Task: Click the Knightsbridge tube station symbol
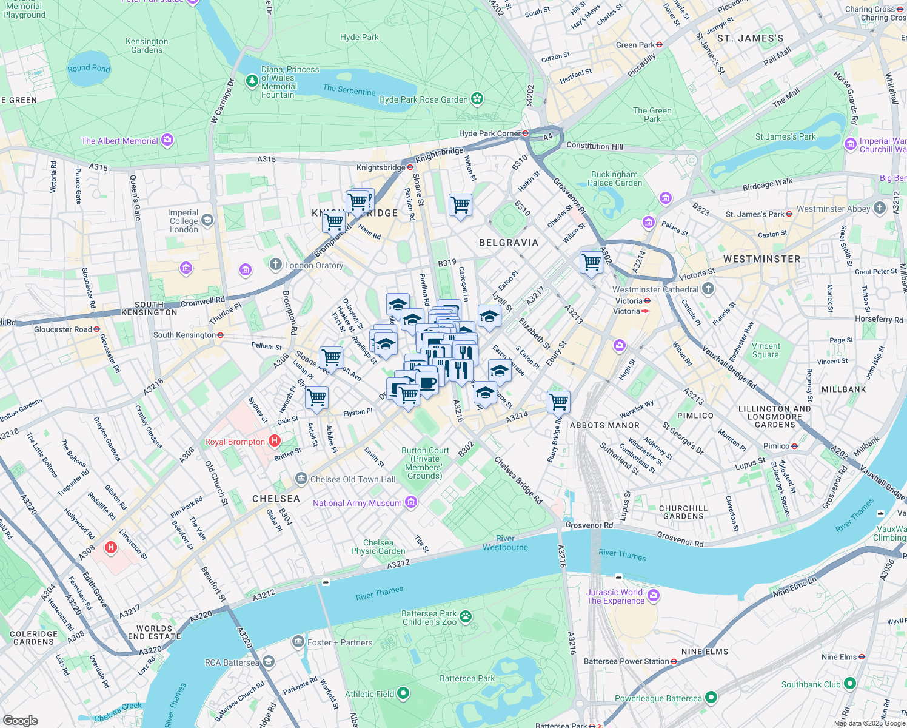point(410,167)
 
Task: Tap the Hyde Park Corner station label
point(489,133)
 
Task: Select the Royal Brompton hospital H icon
point(275,441)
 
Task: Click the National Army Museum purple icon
point(412,502)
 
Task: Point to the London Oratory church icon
point(276,265)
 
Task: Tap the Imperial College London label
point(184,221)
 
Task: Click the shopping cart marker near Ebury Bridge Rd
point(558,401)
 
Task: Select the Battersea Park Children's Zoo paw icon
point(466,616)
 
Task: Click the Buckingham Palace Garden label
point(614,178)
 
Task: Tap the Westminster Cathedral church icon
point(708,289)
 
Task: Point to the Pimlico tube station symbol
point(794,446)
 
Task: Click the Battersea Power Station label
point(626,661)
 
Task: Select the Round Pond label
point(89,69)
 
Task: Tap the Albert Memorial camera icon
point(167,140)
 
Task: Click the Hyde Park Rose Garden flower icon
point(477,98)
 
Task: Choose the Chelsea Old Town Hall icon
point(301,479)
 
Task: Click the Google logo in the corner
point(20,720)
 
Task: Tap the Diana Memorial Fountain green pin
point(252,81)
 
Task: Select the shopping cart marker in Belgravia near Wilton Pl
point(460,205)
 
